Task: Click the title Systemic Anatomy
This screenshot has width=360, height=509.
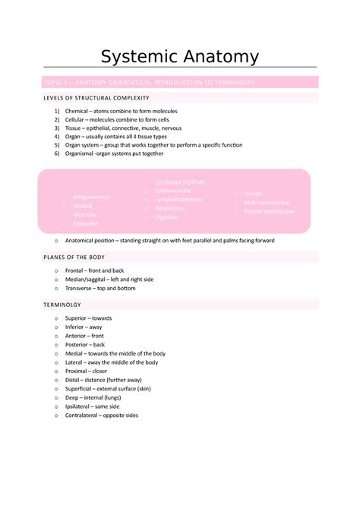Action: [180, 57]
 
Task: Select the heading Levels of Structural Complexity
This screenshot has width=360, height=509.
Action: [96, 98]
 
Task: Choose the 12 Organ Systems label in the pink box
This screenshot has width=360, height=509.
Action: [180, 182]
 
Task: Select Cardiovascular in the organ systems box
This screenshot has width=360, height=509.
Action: [173, 191]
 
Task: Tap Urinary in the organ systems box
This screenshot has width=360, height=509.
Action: [254, 194]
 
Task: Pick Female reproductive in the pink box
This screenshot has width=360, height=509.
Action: [270, 211]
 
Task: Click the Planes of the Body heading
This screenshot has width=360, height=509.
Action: [74, 258]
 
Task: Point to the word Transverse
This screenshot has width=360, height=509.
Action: [82, 288]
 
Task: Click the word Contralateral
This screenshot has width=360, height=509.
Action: [85, 416]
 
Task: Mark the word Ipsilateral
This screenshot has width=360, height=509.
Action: [81, 406]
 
